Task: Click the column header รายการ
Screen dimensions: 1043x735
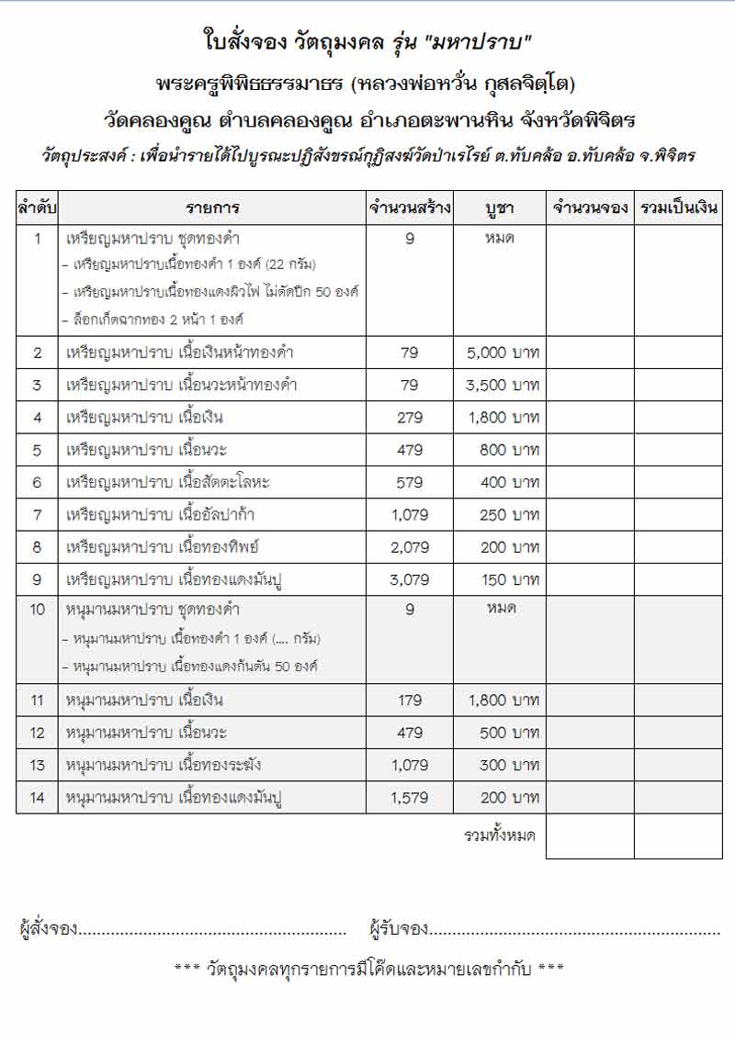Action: (x=213, y=208)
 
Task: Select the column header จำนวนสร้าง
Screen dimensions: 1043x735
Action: (x=410, y=208)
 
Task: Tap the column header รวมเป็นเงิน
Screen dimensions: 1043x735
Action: (x=678, y=208)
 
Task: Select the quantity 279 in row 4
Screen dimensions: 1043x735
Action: (x=410, y=418)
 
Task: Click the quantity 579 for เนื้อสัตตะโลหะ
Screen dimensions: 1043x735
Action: (x=410, y=483)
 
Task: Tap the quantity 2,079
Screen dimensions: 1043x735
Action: (x=410, y=547)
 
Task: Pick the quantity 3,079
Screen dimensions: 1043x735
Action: (x=410, y=580)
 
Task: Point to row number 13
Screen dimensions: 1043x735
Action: (x=37, y=766)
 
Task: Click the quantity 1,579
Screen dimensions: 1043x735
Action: (x=410, y=799)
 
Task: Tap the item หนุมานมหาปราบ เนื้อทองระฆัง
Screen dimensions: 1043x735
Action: (x=174, y=766)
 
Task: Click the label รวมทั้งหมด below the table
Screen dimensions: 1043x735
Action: (x=500, y=836)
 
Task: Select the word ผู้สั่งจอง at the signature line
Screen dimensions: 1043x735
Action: (x=48, y=929)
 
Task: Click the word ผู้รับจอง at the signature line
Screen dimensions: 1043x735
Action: (x=399, y=929)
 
